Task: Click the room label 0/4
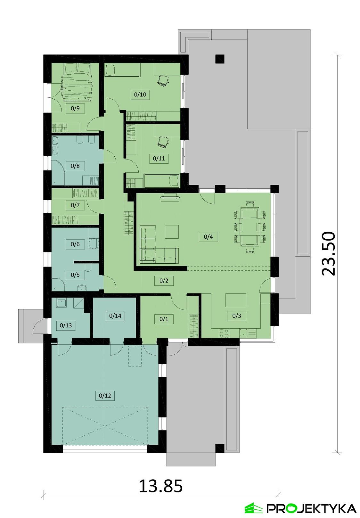[x=208, y=237]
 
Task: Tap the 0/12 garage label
[x=105, y=396]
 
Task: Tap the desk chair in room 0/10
[x=164, y=80]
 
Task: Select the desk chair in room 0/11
[x=164, y=142]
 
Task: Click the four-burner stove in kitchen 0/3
[x=224, y=333]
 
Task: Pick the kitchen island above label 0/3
[x=236, y=300]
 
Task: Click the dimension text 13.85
[x=160, y=486]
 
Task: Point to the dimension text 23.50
[x=328, y=254]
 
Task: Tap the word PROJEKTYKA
[x=311, y=508]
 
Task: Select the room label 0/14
[x=115, y=316]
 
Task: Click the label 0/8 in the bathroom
[x=75, y=166]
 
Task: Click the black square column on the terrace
[x=219, y=59]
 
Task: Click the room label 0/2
[x=164, y=281]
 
